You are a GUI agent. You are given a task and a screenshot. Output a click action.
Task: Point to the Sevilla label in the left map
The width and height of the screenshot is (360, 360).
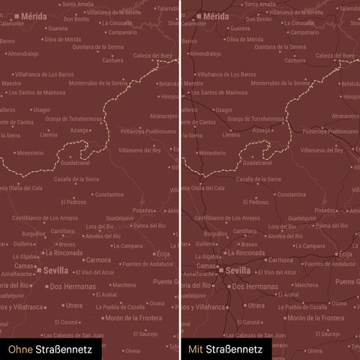point(55,270)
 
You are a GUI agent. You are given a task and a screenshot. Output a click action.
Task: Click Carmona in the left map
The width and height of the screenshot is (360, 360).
point(98,260)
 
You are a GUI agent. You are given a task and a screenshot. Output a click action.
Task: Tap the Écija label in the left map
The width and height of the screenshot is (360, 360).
point(164,254)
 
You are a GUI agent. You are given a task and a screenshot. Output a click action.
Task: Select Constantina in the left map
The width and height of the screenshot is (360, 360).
point(109,194)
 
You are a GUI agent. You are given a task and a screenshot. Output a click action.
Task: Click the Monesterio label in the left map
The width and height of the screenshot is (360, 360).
point(30,153)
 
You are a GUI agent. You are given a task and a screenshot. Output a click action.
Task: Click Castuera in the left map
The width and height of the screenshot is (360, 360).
point(112,61)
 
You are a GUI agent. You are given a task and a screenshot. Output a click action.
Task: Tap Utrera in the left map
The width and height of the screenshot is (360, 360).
point(73,306)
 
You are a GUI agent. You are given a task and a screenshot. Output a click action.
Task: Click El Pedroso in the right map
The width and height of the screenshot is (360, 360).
point(254,202)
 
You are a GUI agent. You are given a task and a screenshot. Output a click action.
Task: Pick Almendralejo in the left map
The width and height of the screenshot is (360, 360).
point(24,54)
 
